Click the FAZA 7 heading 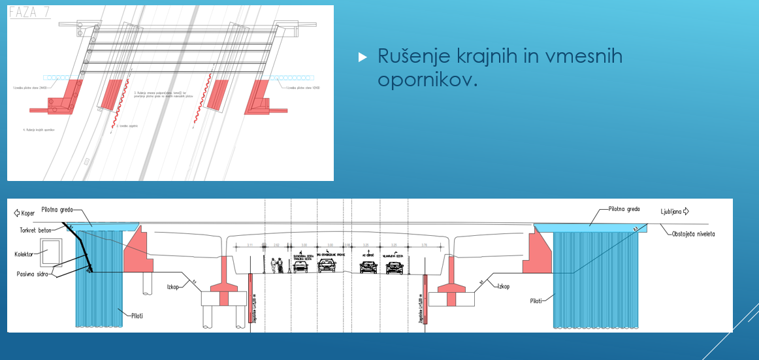click(x=30, y=12)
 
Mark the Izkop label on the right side click(x=503, y=286)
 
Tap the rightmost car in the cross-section click(x=395, y=267)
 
